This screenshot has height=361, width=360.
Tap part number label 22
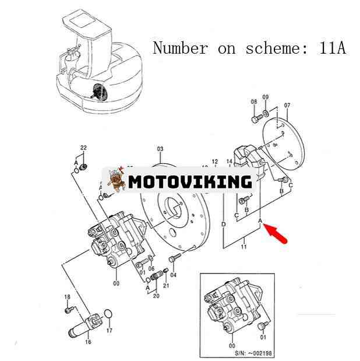click(x=83, y=148)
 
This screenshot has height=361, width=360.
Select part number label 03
click(x=160, y=149)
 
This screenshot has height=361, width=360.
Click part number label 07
click(x=287, y=106)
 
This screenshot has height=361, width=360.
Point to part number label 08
click(x=254, y=102)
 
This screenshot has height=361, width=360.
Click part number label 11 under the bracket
click(x=243, y=247)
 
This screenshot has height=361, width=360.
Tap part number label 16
click(x=88, y=342)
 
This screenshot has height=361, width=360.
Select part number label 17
click(x=109, y=330)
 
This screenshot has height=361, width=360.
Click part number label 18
click(x=67, y=297)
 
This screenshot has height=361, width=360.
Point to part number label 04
click(x=173, y=275)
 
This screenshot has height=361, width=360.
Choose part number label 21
click(x=166, y=285)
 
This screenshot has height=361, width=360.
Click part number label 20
click(x=156, y=296)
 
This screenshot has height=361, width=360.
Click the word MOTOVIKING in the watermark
click(x=190, y=181)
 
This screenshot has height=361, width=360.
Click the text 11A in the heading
click(x=332, y=48)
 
